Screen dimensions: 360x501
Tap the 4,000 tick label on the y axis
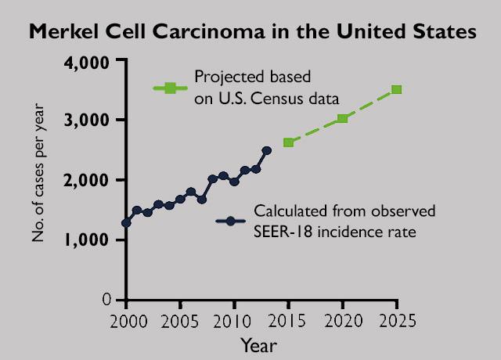point(85,60)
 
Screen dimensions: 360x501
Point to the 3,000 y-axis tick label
point(85,120)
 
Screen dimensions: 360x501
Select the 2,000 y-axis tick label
point(85,180)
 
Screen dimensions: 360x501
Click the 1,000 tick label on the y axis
point(85,240)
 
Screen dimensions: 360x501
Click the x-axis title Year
point(258,344)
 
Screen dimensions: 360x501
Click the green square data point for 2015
point(288,142)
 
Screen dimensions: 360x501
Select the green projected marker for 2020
point(342,118)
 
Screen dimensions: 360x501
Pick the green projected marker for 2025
point(396,89)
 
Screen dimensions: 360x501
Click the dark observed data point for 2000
point(126,223)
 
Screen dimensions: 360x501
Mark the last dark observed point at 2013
point(267,150)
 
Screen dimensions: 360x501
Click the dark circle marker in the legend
point(230,221)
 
